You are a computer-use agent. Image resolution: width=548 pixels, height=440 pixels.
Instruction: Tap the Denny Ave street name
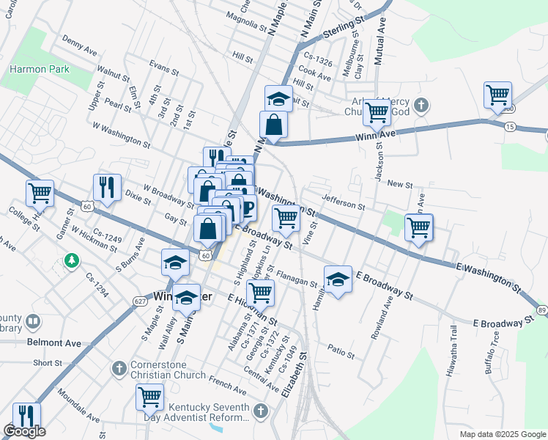[x=80, y=45]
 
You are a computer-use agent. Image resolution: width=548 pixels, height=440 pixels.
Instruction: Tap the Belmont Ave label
[x=54, y=342]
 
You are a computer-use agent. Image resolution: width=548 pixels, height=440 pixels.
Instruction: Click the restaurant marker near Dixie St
[x=106, y=187]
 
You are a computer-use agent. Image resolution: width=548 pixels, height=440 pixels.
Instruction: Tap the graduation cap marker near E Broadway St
[x=337, y=279]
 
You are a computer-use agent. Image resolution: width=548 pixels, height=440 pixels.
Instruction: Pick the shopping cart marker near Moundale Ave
[x=149, y=397]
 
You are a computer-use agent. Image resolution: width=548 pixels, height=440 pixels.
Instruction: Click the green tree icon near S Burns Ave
[x=71, y=260]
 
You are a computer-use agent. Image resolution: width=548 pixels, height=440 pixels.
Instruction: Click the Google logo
[x=24, y=431]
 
